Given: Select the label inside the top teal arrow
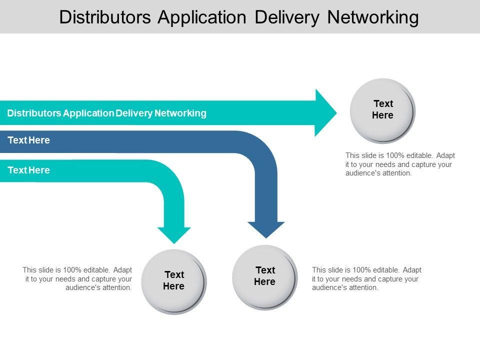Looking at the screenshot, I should click(106, 113).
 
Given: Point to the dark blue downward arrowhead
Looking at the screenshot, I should click(266, 229).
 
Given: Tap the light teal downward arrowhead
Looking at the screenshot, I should click(174, 235).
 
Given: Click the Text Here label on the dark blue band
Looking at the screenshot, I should click(29, 140).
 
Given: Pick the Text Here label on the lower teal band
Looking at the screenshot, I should click(29, 170).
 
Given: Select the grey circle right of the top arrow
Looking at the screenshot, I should click(382, 110).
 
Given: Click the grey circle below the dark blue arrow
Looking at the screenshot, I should click(264, 277).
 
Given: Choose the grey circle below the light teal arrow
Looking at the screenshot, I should click(173, 281).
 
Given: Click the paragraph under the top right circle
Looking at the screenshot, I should click(400, 164).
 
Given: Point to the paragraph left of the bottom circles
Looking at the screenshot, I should click(77, 279).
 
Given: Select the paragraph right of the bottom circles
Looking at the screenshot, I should click(366, 279).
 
